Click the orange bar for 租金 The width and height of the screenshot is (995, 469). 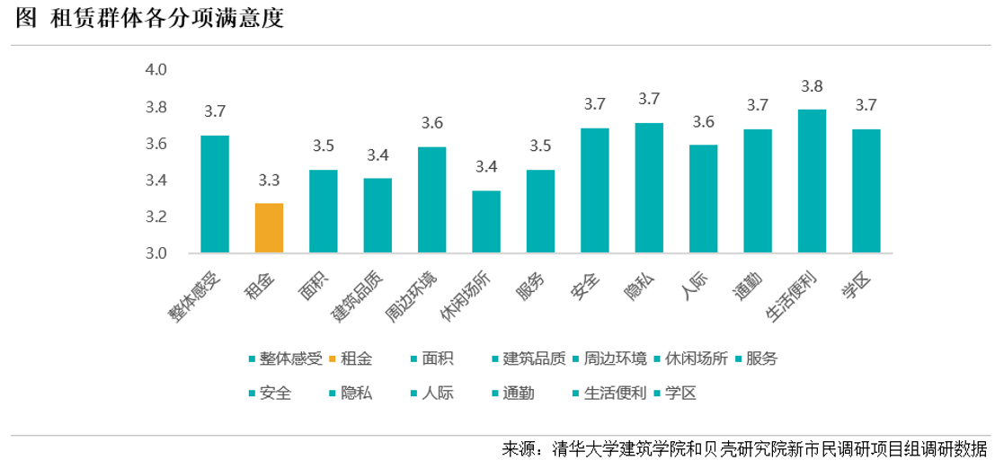[270, 228]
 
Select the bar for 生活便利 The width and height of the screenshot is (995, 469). [813, 181]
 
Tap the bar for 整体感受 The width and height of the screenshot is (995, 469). [215, 194]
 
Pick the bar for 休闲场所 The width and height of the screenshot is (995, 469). [486, 222]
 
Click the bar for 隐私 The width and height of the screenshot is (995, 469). [649, 188]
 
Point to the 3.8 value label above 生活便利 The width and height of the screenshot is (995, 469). [813, 87]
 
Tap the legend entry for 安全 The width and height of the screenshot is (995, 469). [275, 394]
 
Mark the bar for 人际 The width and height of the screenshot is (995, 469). [703, 199]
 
